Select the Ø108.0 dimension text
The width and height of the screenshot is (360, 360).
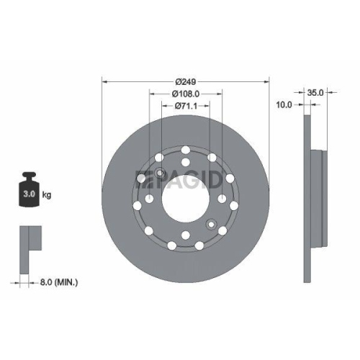pyautogui.click(x=185, y=94)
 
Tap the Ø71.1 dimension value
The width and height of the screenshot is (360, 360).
pyautogui.click(x=185, y=107)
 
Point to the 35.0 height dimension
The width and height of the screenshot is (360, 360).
pyautogui.click(x=315, y=93)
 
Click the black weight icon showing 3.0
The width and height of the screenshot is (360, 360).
pyautogui.click(x=30, y=190)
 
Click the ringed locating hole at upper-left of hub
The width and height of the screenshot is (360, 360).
pyautogui.click(x=160, y=173)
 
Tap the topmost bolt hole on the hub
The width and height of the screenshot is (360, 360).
pyautogui.click(x=185, y=150)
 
